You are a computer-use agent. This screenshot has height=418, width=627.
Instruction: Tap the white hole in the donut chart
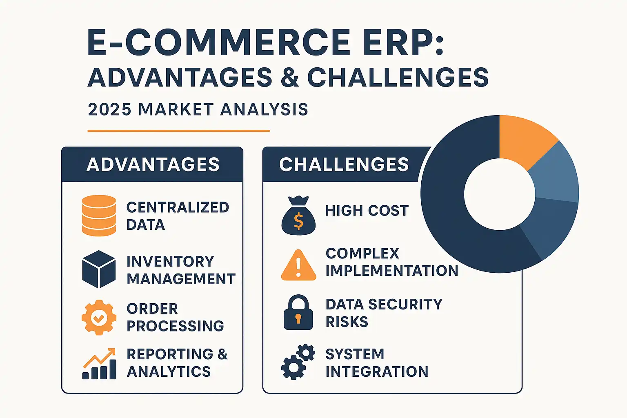500,194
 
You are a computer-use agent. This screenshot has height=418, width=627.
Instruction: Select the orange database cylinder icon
99,216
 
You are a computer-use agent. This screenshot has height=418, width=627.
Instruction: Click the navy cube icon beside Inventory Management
99,269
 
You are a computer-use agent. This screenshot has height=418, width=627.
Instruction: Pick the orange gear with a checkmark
99,318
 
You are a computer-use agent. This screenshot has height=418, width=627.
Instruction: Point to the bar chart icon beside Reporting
99,364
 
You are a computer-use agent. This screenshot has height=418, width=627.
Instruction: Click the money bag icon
298,215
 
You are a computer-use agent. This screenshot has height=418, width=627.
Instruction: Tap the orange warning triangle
298,265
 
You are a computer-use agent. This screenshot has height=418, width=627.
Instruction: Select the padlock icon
298,312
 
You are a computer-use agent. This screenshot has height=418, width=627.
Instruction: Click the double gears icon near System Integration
298,361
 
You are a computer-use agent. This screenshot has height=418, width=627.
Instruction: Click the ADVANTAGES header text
153,165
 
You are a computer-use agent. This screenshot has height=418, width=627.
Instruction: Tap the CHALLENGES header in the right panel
344,164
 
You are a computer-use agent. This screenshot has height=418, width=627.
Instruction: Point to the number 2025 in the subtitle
109,109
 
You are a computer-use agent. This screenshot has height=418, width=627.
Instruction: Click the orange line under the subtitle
178,131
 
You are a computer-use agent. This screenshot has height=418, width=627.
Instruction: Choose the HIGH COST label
367,211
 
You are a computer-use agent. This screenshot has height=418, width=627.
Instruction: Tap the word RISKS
347,321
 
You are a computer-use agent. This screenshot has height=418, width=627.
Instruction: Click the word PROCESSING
175,326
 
